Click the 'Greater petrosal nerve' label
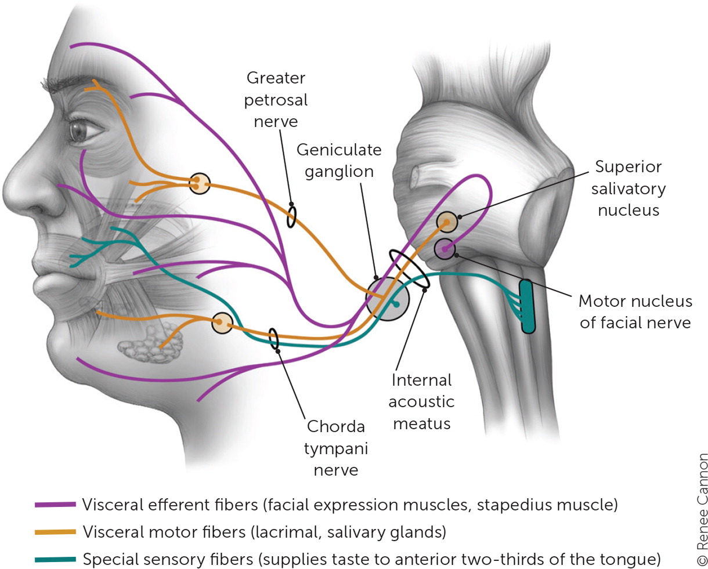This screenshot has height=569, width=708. coord(276,100)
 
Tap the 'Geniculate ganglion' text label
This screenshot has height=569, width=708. coord(339,161)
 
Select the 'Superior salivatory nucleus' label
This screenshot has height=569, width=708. coord(628,189)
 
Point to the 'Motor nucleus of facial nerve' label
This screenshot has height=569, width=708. coord(635,311)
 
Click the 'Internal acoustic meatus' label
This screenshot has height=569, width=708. coord(422,402)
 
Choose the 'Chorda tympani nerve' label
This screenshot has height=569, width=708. coord(336,448)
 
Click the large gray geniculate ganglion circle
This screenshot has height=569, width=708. coord(388,298)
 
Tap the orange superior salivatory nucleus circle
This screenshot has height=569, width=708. coord(446,222)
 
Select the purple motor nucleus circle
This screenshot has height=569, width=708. coord(444,249)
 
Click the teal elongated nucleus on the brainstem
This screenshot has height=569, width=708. coord(527,306)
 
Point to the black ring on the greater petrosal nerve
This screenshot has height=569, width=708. coord(291,216)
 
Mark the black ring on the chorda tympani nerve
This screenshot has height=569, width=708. coord(273,339)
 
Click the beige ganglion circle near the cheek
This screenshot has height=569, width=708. coord(199,183)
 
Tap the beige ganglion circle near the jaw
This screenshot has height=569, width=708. coord(222,323)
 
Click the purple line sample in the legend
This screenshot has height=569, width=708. coord(55,505)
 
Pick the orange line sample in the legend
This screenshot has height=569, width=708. coord(55,532)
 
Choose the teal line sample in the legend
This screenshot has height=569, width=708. coord(55,560)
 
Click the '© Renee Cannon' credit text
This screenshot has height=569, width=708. coord(702,509)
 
